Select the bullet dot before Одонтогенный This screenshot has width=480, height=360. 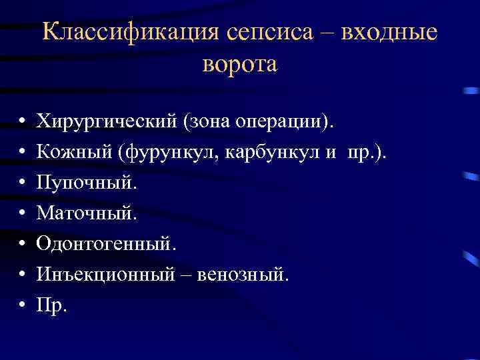point(22,245)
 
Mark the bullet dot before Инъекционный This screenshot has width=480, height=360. point(22,275)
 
